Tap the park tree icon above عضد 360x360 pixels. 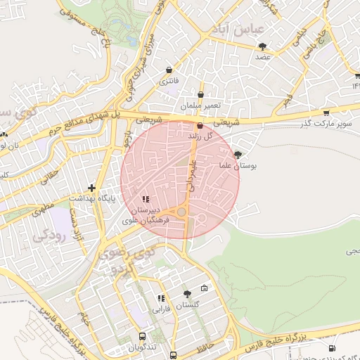click(x=263, y=46)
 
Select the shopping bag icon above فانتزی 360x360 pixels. click(x=169, y=70)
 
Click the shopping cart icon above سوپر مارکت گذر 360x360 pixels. click(x=326, y=112)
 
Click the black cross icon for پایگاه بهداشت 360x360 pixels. click(x=91, y=188)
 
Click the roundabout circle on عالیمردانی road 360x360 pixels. click(x=182, y=211)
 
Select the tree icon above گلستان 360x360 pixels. click(x=187, y=294)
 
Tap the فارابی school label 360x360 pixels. click(x=162, y=309)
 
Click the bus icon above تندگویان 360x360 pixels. click(x=143, y=337)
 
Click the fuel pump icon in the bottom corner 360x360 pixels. click(x=332, y=348)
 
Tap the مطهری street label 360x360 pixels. click(x=42, y=208)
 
